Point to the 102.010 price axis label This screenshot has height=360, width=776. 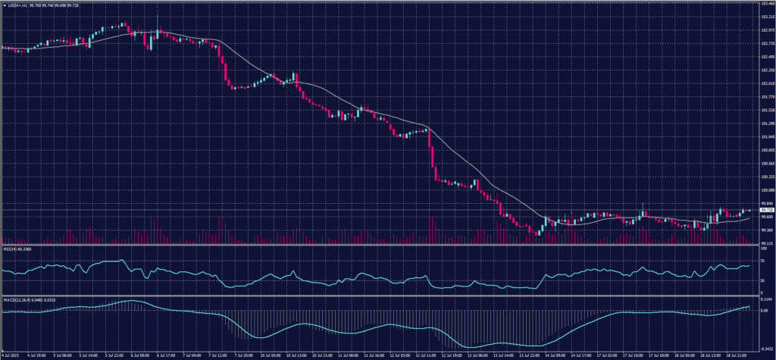[763, 83]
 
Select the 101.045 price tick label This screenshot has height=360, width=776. [763, 137]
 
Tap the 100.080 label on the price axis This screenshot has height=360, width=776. [763, 190]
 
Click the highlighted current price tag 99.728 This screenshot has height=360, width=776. [763, 210]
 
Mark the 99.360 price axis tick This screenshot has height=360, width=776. [763, 230]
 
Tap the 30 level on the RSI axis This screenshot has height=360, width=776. [759, 280]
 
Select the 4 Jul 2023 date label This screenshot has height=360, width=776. [11, 354]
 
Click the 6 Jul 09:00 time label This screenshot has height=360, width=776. [142, 354]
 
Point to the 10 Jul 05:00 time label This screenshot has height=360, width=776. [271, 354]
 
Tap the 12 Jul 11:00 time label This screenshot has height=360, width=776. [402, 354]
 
